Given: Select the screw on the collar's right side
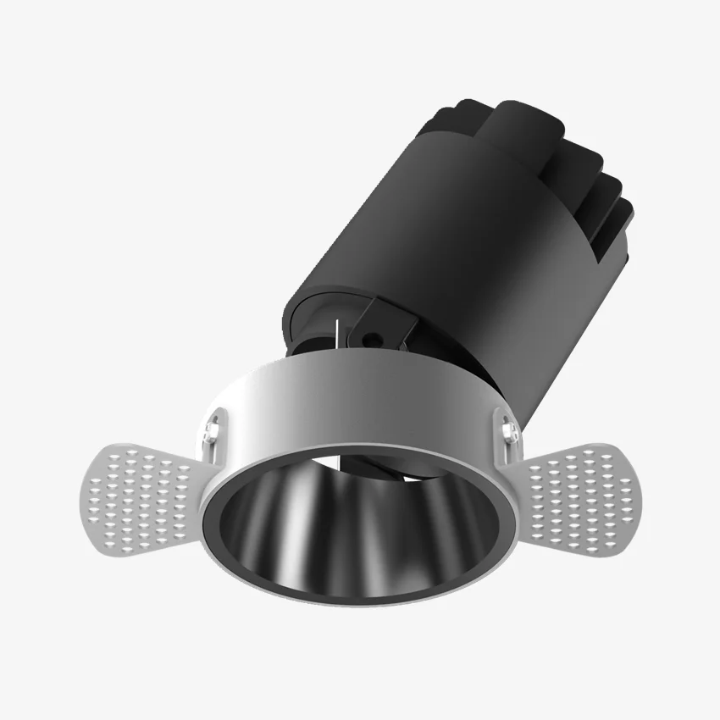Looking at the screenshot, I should [509, 433].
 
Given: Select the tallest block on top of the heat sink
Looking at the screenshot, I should [517, 127].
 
